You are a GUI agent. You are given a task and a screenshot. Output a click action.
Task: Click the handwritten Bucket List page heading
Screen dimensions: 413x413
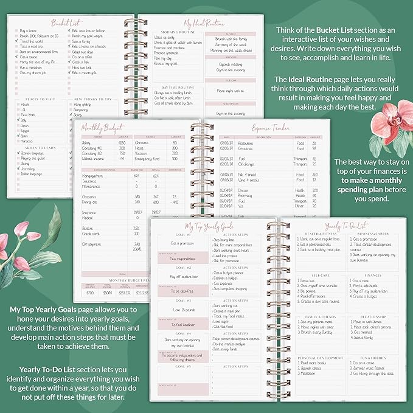click(67, 23)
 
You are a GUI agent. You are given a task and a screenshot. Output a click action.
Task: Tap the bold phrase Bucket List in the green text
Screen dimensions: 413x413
click(333, 29)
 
